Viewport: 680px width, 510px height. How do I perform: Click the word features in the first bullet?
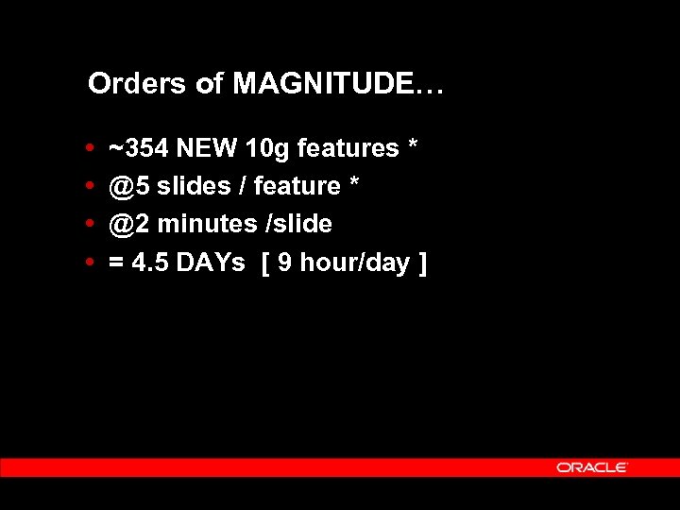tap(348, 148)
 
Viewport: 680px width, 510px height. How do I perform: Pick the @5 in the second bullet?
tap(129, 186)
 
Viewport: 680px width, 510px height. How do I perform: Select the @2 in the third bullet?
tap(129, 224)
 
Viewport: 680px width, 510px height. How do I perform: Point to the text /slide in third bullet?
tap(298, 224)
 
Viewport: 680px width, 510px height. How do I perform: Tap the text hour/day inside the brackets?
tap(355, 263)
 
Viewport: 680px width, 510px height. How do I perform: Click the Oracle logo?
tap(592, 467)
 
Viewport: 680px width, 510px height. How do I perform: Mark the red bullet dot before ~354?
tap(89, 148)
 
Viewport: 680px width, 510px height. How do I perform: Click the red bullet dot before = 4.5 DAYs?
tap(89, 262)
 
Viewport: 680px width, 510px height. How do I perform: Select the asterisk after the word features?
tap(413, 146)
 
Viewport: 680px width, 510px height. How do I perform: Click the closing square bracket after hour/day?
tap(421, 263)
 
